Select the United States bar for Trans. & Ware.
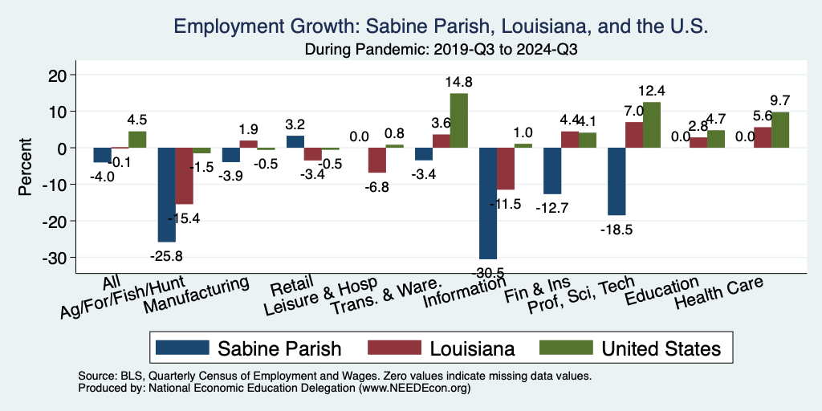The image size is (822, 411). click(458, 120)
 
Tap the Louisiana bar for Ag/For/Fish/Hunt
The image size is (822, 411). click(185, 176)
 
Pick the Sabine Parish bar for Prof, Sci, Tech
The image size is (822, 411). click(616, 181)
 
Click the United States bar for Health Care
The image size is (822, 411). click(779, 130)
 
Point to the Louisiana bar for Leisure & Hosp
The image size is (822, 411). click(377, 161)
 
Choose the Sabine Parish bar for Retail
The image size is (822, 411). click(295, 142)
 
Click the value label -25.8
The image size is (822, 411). click(166, 258)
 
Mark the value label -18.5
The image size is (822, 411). click(616, 230)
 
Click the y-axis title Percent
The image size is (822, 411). click(26, 166)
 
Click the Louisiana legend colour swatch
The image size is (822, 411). click(394, 348)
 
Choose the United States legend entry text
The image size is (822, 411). click(661, 348)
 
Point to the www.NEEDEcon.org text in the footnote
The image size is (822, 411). click(413, 388)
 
